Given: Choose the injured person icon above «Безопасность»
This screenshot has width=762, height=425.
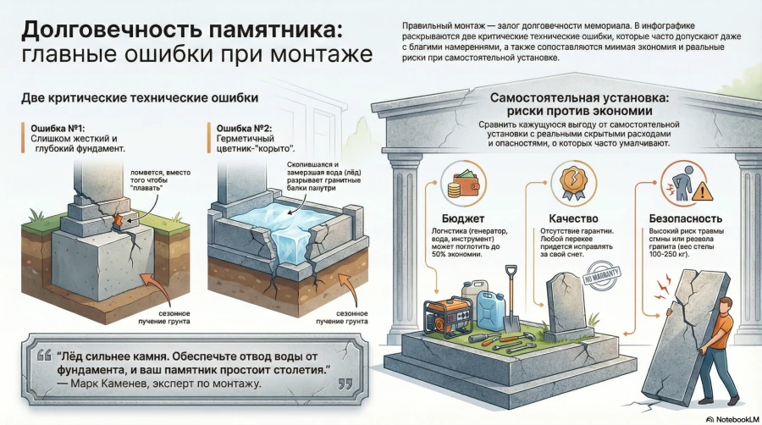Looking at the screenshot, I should pos(677,185).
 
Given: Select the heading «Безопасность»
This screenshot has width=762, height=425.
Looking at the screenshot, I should pos(678,218).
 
